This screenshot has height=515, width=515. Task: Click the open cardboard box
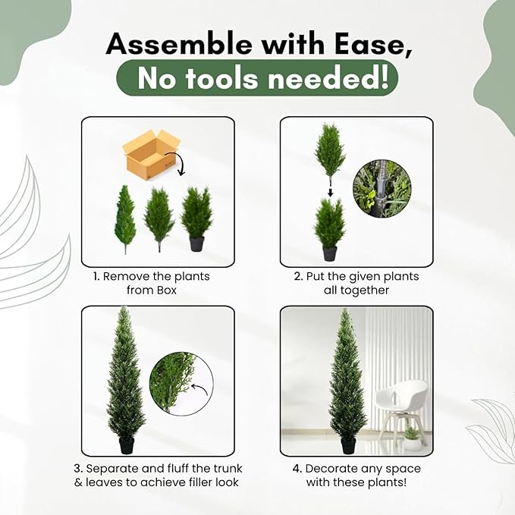point(151,154)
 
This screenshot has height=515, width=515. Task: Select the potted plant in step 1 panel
point(196,218)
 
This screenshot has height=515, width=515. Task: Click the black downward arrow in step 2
point(331,192)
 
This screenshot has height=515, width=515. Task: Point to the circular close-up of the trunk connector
point(382,189)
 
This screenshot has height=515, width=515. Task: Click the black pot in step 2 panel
point(330,253)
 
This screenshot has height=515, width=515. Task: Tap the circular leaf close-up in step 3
point(181,384)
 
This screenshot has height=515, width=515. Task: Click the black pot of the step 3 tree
point(127,445)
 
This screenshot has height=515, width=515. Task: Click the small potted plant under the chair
point(412,438)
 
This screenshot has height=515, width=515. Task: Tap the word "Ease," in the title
point(373,44)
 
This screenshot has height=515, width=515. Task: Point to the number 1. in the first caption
point(96,276)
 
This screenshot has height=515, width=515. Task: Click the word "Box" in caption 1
point(167,290)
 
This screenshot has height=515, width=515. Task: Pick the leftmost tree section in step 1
point(125,219)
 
